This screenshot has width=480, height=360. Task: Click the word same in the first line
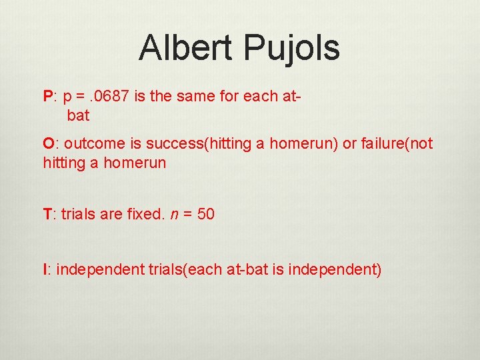point(200,96)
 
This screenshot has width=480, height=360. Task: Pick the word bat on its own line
point(78,115)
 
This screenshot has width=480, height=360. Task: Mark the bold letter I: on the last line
point(47,269)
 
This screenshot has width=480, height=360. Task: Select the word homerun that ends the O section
point(134,162)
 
